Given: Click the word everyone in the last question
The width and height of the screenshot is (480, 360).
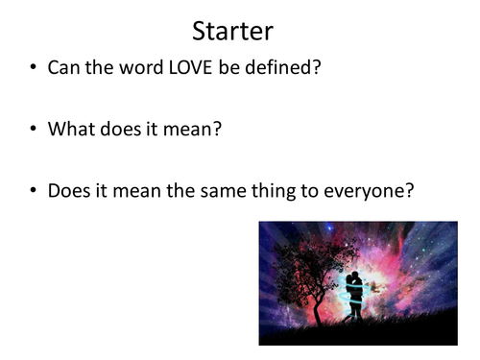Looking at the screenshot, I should click(x=368, y=190).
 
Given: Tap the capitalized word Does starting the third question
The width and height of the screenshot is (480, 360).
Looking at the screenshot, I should click(x=68, y=190).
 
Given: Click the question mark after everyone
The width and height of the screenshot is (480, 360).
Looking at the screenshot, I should click(x=410, y=190).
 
